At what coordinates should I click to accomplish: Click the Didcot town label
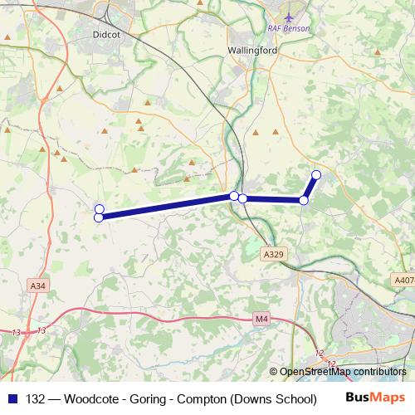pos(108,36)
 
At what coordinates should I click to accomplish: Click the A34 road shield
pos(37,286)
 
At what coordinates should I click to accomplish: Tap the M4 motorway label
pos(262,318)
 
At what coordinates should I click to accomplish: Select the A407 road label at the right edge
pos(404,281)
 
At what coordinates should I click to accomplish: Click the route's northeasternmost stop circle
pos(316,174)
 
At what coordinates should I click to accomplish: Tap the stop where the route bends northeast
pos(304,200)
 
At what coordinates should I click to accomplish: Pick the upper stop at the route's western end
pos(100,209)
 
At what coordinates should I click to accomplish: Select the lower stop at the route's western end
pos(99,217)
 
